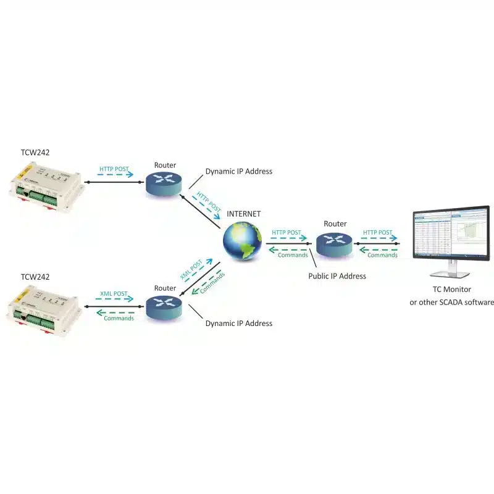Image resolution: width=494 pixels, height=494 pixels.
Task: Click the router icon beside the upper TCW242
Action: tap(164, 182)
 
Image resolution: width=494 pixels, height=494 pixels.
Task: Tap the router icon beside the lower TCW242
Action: tap(164, 306)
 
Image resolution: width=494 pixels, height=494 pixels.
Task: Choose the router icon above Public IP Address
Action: tap(334, 243)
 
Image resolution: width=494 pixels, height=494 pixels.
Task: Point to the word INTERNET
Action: tap(244, 214)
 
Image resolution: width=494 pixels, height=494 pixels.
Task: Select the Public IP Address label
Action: tap(337, 276)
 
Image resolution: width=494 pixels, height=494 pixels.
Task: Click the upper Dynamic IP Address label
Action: tap(238, 171)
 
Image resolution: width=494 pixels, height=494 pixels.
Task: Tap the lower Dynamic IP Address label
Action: tap(238, 323)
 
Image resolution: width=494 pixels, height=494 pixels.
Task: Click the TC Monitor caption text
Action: tap(451, 289)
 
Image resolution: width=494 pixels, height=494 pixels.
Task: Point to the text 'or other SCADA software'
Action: tap(451, 302)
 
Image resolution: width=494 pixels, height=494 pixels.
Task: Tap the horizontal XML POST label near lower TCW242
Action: tap(114, 294)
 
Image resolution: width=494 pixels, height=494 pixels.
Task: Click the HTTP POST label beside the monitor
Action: tap(377, 233)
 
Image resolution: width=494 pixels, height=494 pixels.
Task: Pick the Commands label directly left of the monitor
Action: tap(382, 255)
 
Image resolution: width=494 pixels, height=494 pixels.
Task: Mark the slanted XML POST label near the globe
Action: tap(191, 269)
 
